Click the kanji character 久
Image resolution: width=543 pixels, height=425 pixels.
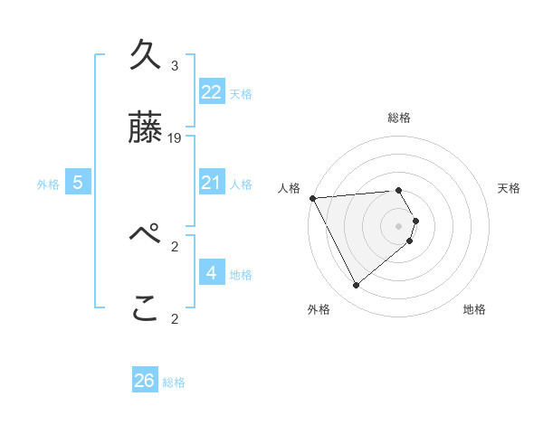(x=146, y=58)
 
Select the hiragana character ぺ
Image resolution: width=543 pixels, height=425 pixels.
(x=146, y=238)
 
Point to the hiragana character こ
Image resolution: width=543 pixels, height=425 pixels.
(x=146, y=309)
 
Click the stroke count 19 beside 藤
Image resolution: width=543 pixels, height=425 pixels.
(x=175, y=138)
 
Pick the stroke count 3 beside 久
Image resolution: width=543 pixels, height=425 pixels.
(x=175, y=66)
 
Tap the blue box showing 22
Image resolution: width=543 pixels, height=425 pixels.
(x=212, y=92)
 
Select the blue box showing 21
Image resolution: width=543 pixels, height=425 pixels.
(x=212, y=183)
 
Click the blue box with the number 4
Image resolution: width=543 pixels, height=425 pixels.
(x=212, y=273)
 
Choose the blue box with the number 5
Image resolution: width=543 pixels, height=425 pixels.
(x=78, y=183)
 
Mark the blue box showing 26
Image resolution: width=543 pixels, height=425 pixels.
(x=145, y=381)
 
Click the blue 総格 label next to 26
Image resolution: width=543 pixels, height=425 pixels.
(x=174, y=382)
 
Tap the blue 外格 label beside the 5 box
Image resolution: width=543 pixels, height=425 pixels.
(x=48, y=184)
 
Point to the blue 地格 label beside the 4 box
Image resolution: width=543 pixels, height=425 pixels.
(x=241, y=275)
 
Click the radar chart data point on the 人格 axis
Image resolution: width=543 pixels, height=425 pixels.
(x=311, y=198)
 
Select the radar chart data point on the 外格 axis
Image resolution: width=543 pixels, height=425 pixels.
(x=356, y=286)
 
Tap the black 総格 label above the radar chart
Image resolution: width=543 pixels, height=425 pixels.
(x=398, y=118)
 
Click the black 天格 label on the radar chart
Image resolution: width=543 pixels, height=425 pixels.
(x=509, y=188)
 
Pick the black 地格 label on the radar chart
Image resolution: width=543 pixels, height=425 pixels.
(x=474, y=309)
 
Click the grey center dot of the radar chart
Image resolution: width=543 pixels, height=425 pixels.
(x=398, y=225)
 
